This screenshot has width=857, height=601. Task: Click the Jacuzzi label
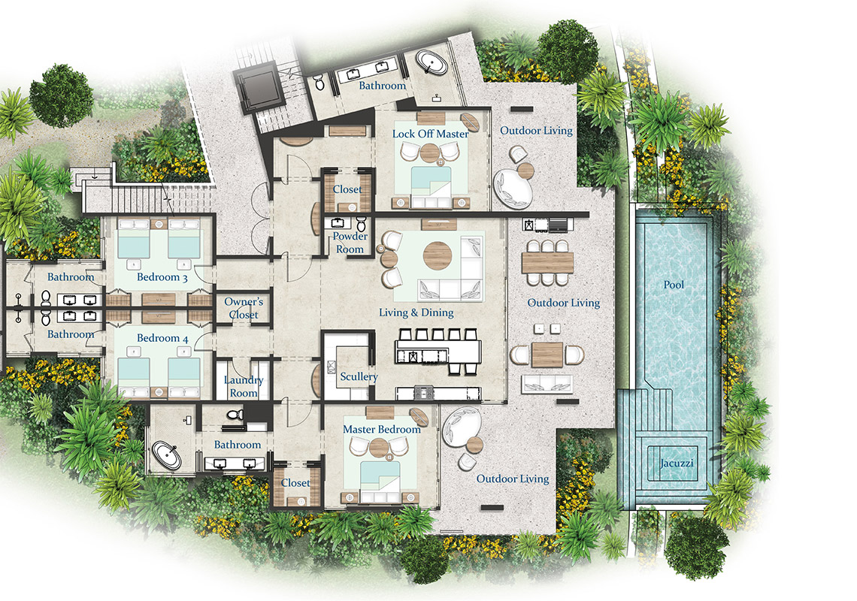click(676, 464)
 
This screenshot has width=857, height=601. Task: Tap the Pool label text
click(674, 285)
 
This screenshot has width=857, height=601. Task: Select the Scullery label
click(359, 376)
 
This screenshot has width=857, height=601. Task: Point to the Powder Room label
click(350, 243)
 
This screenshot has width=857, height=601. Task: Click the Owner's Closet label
click(244, 308)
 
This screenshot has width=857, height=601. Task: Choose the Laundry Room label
click(244, 386)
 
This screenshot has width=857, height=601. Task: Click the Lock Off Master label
click(430, 134)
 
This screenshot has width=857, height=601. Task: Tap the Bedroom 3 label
click(162, 277)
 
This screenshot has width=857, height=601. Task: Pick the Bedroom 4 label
click(162, 338)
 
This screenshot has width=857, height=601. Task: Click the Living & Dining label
click(416, 313)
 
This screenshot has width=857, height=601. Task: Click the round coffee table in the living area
click(438, 255)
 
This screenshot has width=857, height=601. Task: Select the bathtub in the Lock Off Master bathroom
click(432, 62)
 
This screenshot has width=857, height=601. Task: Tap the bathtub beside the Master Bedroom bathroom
click(166, 456)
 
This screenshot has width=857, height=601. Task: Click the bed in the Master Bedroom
click(380, 482)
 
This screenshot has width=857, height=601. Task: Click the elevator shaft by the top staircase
click(262, 88)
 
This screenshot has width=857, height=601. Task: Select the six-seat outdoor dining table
click(547, 262)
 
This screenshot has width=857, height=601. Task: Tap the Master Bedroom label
click(381, 430)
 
